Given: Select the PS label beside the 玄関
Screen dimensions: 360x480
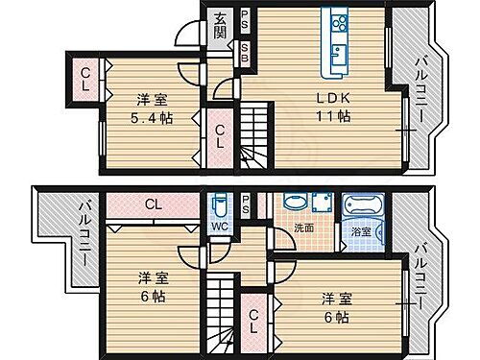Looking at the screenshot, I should pyautogui.click(x=245, y=18).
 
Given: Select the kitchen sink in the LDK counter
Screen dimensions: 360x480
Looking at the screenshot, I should pyautogui.click(x=338, y=53).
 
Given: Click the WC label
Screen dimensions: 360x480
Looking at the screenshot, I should pyautogui.click(x=219, y=228).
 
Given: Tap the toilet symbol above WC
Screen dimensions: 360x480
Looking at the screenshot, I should pyautogui.click(x=220, y=206).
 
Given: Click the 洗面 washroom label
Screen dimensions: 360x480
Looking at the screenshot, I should pyautogui.click(x=304, y=228).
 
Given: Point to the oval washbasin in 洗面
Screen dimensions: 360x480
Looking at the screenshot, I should pyautogui.click(x=293, y=204).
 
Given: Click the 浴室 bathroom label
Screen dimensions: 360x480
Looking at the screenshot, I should pyautogui.click(x=361, y=231).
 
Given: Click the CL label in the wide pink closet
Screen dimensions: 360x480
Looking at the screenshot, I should pyautogui.click(x=154, y=204).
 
